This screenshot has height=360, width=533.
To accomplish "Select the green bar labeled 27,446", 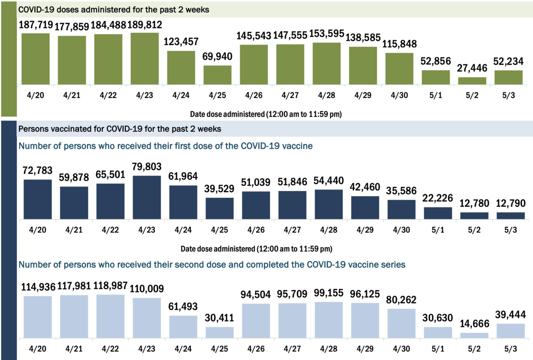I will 472,81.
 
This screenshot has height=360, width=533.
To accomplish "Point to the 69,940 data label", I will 218,57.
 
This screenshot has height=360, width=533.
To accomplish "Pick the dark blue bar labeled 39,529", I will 219,208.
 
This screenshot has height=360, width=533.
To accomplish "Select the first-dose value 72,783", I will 38,170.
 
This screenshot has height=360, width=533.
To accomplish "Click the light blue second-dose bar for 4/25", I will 219,332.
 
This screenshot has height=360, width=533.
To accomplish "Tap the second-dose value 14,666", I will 474,323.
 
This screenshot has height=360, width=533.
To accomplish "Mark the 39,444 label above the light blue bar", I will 510,314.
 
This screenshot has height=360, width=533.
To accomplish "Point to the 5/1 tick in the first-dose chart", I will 438,231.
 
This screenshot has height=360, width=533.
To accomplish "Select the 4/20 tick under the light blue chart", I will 38,350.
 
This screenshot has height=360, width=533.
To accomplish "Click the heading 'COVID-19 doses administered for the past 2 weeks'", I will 113,9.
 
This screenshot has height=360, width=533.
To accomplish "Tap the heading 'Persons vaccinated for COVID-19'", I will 120,128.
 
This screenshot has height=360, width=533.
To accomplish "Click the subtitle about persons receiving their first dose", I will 165,146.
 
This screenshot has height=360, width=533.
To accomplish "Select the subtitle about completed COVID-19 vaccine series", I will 212,264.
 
